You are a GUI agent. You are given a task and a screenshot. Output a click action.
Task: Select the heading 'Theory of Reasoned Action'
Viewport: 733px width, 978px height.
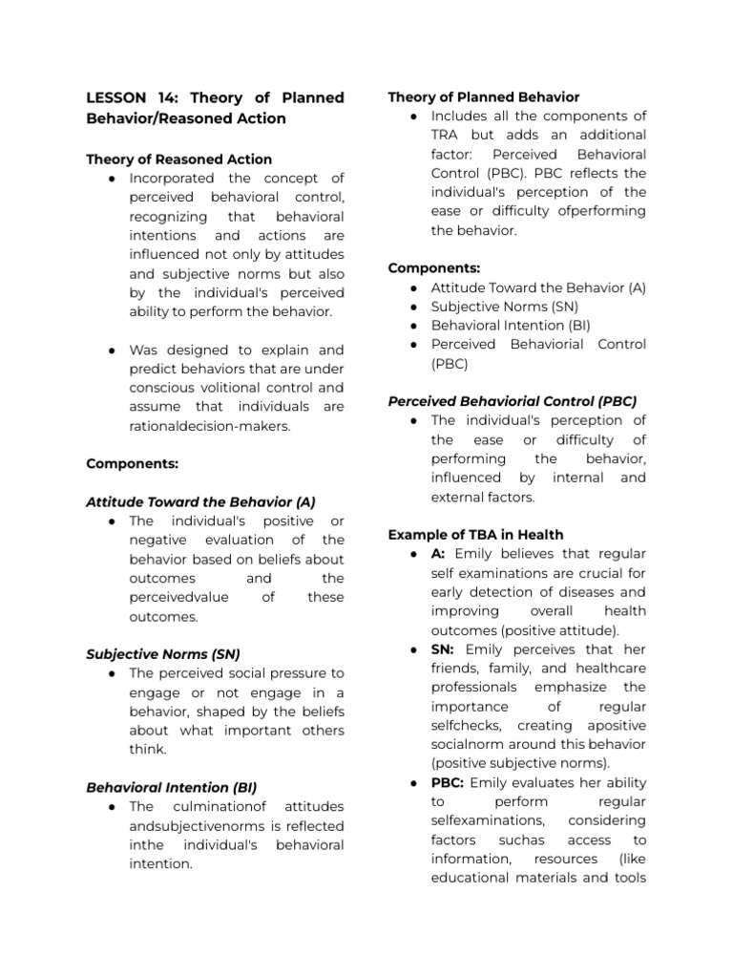tap(178, 159)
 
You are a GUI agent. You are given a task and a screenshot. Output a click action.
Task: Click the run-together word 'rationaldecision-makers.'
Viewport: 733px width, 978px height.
tap(210, 426)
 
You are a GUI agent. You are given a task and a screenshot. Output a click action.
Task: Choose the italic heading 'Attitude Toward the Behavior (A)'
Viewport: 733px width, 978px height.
tap(200, 501)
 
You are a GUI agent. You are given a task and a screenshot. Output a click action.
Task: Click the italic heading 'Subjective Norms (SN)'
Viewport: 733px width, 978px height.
tap(163, 654)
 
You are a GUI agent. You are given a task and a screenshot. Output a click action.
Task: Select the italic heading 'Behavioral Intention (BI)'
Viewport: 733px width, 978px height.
tap(172, 788)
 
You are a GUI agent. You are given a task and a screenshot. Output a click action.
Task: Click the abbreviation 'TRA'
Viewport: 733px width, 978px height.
tap(448, 135)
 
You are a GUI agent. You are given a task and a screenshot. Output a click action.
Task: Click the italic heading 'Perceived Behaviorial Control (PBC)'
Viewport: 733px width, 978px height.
tap(512, 401)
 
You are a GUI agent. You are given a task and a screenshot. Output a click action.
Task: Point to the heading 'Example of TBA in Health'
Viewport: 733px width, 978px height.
tap(475, 535)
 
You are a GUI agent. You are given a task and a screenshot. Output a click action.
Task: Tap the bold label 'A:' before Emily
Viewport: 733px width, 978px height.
tap(440, 554)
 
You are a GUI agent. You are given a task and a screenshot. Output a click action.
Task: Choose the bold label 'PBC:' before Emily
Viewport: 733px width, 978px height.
tap(448, 782)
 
